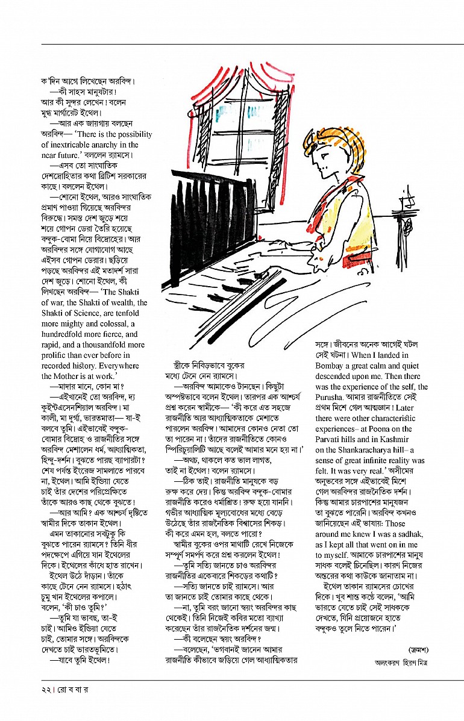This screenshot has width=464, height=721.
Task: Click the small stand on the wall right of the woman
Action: [412, 207]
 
